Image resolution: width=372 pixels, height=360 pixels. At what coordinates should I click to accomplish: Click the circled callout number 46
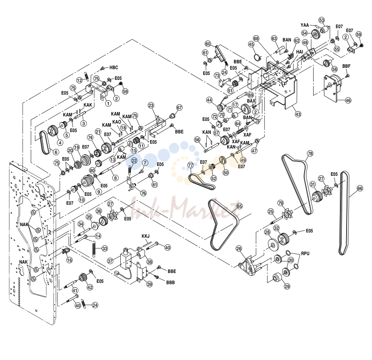click(x=348, y=100)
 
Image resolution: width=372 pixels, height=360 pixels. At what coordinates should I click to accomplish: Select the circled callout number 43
click(x=298, y=114)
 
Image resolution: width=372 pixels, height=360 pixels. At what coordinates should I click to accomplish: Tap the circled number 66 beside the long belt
click(x=360, y=188)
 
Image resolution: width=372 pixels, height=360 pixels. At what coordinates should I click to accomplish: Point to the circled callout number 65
click(x=239, y=206)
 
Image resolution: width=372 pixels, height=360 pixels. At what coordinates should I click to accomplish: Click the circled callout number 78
click(x=310, y=154)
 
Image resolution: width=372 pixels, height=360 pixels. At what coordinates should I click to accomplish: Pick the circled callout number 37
click(x=110, y=261)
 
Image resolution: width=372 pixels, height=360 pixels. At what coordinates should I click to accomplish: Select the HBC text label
click(x=114, y=67)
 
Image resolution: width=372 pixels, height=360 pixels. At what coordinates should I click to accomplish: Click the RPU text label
click(x=305, y=253)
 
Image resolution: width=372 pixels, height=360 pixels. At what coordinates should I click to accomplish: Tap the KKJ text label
click(x=146, y=236)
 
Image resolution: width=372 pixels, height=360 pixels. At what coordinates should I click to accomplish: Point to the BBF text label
click(x=346, y=66)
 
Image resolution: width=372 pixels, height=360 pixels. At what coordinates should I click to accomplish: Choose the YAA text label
click(x=305, y=25)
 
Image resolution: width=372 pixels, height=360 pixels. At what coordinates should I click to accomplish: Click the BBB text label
click(x=170, y=282)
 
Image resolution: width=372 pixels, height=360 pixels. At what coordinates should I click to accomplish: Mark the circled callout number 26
click(x=239, y=249)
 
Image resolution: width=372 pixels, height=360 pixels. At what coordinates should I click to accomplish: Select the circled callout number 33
click(x=105, y=248)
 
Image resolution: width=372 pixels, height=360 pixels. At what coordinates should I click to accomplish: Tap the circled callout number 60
click(x=208, y=44)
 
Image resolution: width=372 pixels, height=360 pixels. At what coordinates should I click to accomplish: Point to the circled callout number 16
click(x=69, y=260)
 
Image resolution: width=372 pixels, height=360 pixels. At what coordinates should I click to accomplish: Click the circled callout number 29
click(x=287, y=286)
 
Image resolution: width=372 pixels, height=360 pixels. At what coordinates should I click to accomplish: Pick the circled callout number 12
click(x=79, y=80)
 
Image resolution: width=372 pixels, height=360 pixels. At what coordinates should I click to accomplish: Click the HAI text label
click(x=300, y=52)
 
